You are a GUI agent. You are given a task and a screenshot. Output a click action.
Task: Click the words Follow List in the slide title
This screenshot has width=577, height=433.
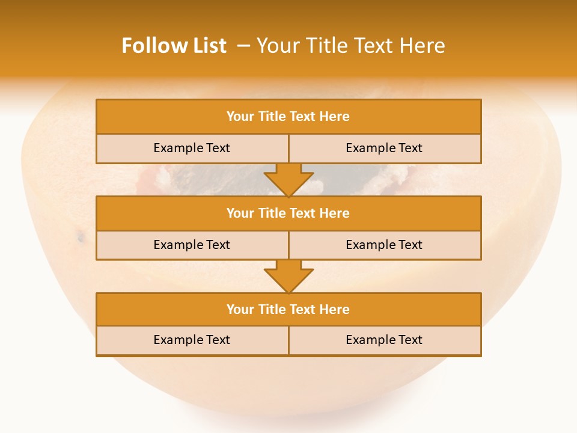[174, 46]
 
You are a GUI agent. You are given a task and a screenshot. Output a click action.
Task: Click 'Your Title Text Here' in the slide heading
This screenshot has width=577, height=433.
[350, 46]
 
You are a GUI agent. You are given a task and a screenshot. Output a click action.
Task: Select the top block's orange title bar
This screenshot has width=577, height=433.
[288, 117]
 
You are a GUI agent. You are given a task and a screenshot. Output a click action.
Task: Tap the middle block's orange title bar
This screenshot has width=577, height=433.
[288, 213]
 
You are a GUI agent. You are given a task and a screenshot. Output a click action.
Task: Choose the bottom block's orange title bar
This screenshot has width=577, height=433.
[288, 310]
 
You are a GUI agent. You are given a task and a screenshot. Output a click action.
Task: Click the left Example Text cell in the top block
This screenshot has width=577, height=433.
[192, 149]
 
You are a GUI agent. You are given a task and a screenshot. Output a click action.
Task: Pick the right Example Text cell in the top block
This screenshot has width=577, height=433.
[384, 149]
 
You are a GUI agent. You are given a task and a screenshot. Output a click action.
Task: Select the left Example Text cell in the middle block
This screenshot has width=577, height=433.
[192, 245]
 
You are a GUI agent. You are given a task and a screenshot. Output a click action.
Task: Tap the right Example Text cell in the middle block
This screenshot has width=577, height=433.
[384, 245]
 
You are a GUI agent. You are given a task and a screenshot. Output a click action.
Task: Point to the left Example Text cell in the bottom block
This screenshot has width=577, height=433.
[192, 340]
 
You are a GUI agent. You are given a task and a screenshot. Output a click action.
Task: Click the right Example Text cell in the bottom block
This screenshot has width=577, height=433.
[384, 340]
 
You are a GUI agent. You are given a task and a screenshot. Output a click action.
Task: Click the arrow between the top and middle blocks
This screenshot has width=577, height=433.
[288, 180]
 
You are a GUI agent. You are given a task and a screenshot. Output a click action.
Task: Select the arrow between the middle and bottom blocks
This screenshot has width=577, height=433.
[288, 277]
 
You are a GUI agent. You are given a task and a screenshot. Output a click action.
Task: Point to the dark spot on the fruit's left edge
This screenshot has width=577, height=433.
[81, 238]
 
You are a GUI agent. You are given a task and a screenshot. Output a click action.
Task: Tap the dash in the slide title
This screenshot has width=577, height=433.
[243, 46]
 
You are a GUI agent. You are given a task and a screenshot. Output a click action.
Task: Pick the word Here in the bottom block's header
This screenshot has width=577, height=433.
[335, 310]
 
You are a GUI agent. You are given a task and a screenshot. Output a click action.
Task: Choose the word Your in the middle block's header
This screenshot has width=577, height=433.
[240, 213]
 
